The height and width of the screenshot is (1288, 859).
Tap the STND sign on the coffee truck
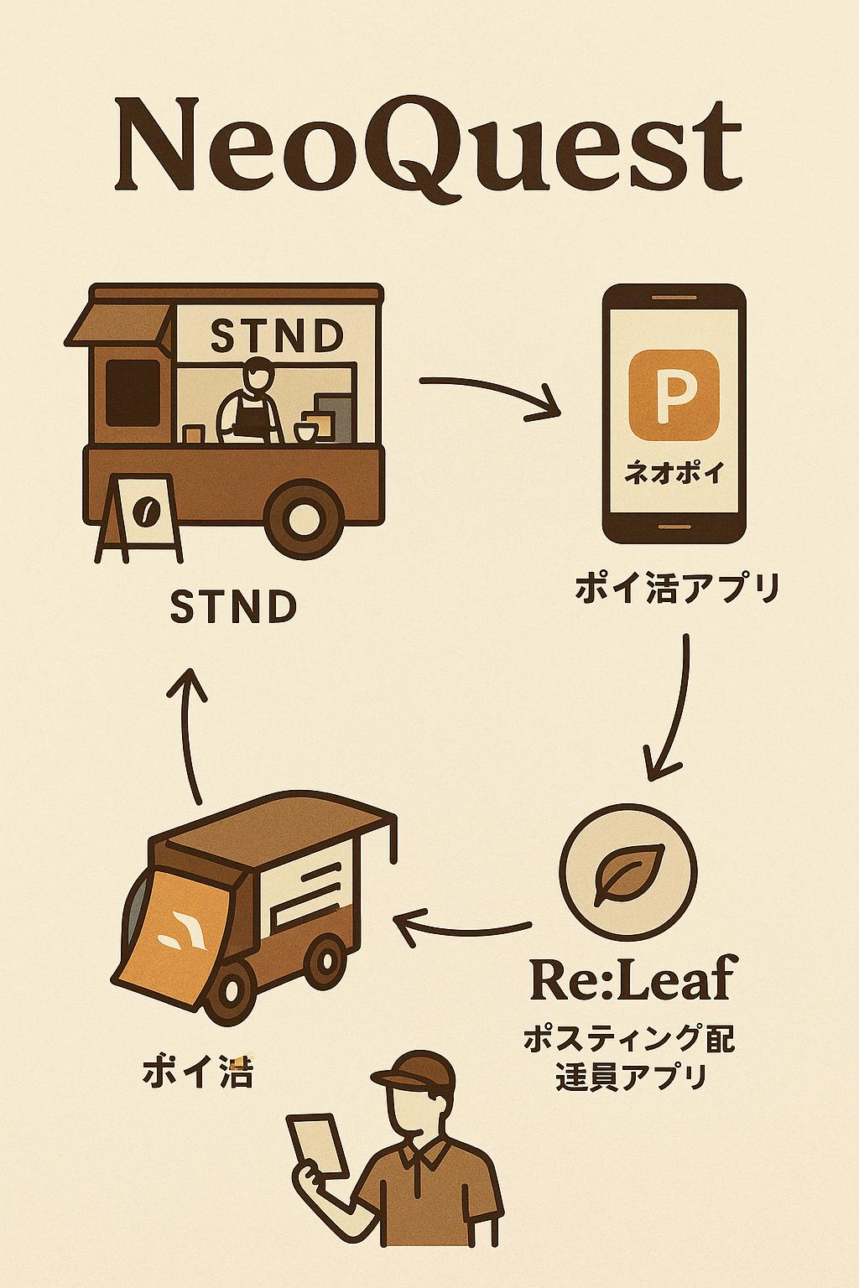tap(276, 336)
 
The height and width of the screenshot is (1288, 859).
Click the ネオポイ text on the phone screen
tap(674, 475)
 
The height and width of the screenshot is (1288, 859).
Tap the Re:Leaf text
tap(630, 979)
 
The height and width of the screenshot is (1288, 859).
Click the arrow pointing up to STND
tap(190, 730)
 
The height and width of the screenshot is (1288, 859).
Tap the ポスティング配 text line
tap(629, 1040)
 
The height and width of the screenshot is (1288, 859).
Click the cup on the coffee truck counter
tap(304, 432)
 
